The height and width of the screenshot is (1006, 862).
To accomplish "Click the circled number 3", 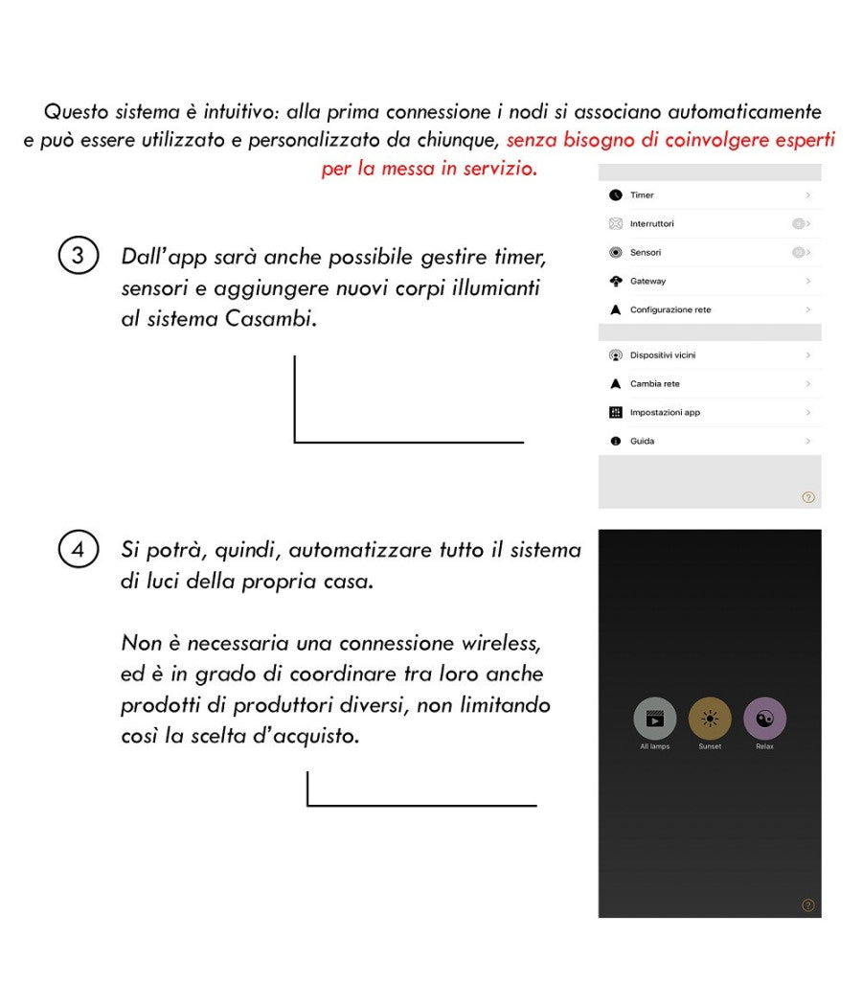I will [78, 258].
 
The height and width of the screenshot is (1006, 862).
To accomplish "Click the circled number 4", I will [78, 551].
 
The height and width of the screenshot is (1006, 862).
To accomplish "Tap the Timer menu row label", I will [642, 195].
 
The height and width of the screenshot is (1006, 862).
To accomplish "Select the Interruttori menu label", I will [651, 224].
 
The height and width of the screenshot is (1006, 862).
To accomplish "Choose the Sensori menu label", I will [646, 253].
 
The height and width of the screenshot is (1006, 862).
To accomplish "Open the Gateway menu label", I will [647, 282].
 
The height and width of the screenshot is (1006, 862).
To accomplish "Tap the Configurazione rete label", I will [670, 310].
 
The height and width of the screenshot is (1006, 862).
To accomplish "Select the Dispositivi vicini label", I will [663, 355].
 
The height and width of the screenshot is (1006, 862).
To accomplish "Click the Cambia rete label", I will [655, 384].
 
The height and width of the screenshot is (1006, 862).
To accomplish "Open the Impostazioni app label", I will [665, 413].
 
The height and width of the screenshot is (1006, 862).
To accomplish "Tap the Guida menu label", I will [642, 442].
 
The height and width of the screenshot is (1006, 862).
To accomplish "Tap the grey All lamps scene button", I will [655, 719].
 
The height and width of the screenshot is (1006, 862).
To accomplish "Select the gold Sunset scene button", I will [710, 719].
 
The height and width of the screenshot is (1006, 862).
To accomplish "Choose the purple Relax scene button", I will [764, 719].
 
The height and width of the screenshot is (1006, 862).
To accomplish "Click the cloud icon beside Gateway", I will [616, 282].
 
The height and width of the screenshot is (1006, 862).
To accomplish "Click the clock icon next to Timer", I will [616, 195].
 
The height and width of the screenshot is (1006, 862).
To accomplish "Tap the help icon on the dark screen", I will [808, 904].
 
